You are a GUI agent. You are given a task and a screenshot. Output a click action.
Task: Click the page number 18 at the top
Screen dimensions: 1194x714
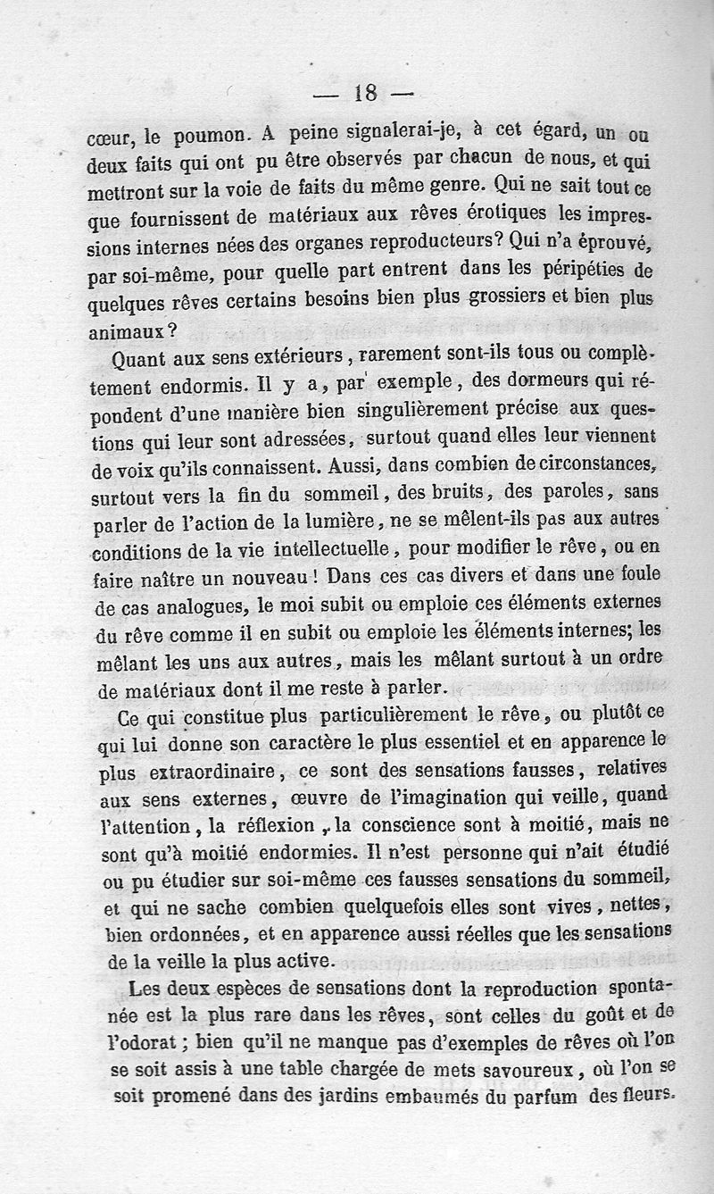click(366, 92)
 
